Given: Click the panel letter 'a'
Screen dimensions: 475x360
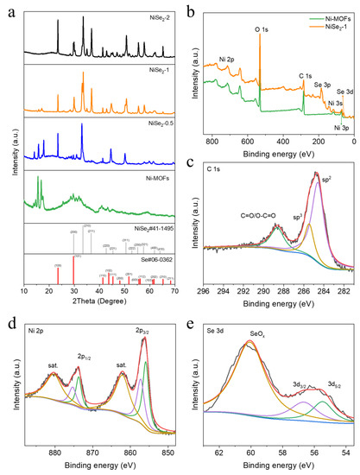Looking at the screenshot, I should click(x=7, y=8).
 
